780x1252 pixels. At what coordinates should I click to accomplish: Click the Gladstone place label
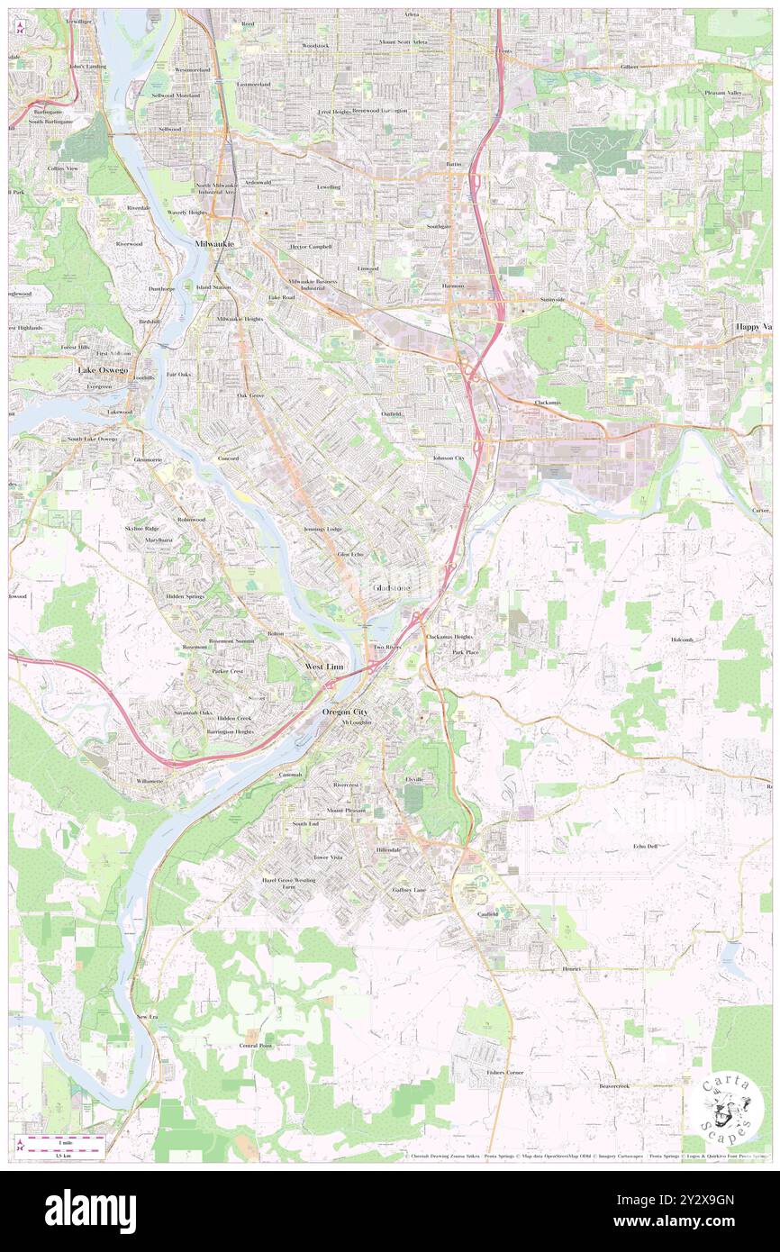pos(391,588)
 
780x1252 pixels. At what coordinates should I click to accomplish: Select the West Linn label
pos(324,666)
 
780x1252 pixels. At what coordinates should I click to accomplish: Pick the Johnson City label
pos(448,458)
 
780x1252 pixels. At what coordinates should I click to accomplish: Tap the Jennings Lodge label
pos(322,528)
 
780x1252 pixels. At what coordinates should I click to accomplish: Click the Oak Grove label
pos(250,395)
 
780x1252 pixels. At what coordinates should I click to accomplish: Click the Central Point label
pos(256,1045)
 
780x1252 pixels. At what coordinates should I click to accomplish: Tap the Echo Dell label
pos(645,846)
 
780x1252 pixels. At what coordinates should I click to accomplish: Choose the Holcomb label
pos(682,640)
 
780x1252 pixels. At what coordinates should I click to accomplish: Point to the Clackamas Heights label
pos(449,636)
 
